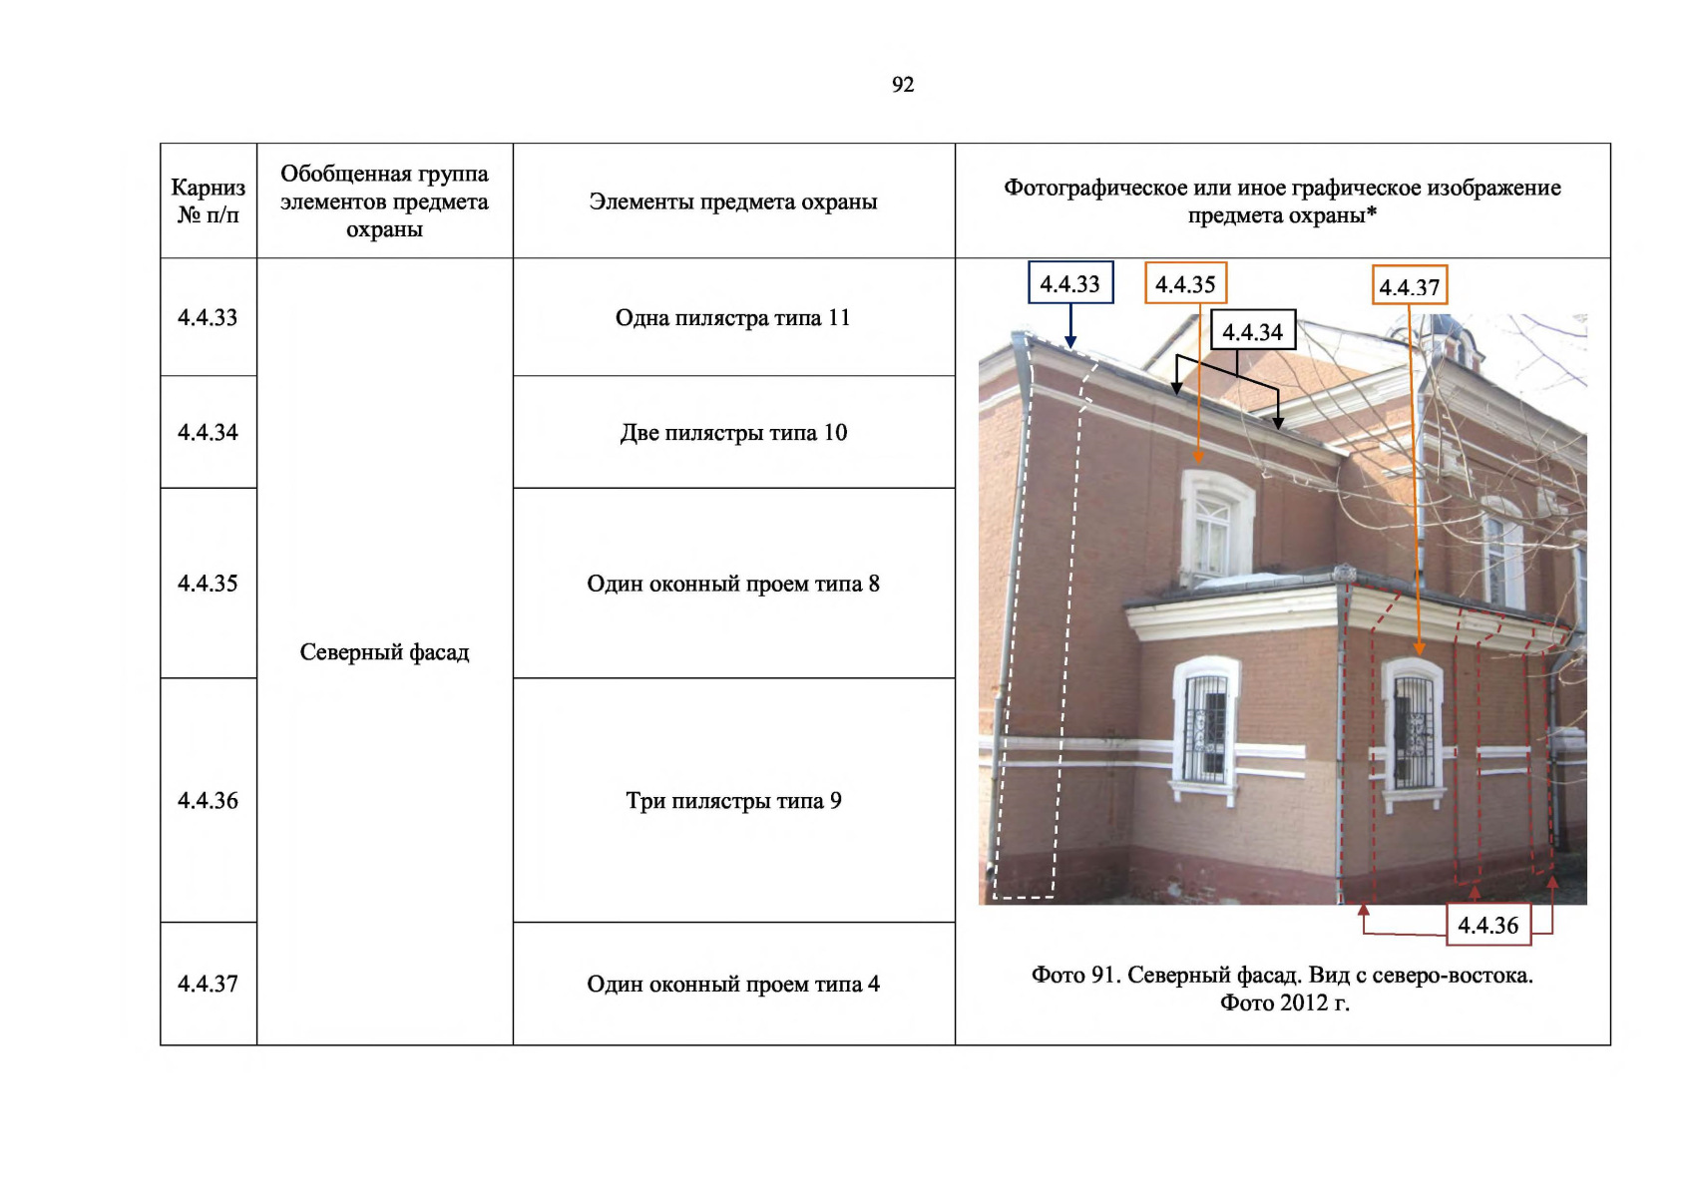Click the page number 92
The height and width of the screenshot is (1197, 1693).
903,85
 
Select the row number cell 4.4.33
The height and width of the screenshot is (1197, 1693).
208,317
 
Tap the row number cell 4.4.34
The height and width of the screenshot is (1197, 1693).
208,432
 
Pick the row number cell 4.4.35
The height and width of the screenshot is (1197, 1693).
208,584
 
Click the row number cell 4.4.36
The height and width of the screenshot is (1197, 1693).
208,800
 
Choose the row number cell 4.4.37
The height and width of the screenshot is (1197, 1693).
208,984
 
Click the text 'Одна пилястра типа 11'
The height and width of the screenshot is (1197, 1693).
733,317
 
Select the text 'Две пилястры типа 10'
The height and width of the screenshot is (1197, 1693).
733,432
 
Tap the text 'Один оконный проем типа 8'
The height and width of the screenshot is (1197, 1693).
733,584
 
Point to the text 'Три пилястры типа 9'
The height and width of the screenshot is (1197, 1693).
733,800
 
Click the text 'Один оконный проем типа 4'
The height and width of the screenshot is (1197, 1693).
733,984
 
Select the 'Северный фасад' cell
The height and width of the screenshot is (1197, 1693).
384,652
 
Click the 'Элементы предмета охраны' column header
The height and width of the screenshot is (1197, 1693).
733,201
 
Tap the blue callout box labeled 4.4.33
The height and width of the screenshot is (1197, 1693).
1070,283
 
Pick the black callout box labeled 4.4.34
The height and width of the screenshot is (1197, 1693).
1253,331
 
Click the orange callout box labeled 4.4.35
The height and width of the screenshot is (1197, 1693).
1185,283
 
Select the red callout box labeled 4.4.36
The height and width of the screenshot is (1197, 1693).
1487,925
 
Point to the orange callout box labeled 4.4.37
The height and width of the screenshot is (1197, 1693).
1409,287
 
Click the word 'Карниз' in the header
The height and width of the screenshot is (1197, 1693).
208,188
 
